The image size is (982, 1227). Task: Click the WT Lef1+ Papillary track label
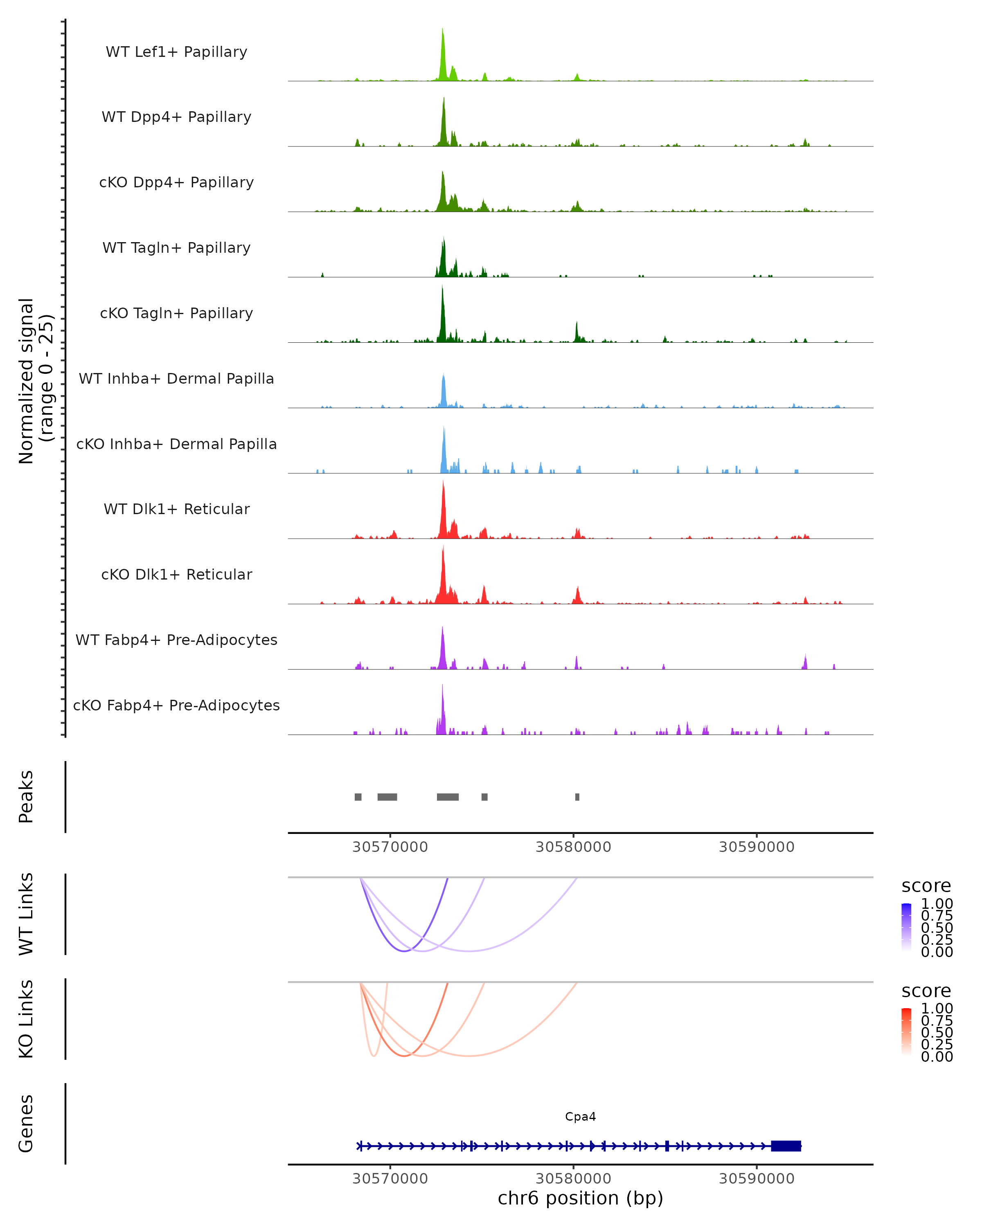[176, 52]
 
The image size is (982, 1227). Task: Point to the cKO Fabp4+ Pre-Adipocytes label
[176, 705]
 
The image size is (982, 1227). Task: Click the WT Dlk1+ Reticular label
[176, 509]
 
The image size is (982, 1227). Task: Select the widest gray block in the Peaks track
[448, 797]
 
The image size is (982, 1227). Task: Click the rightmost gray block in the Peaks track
[577, 797]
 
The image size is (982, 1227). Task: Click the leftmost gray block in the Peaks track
[358, 797]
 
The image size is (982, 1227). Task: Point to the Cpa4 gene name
[580, 1117]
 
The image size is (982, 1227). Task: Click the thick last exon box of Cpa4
[786, 1146]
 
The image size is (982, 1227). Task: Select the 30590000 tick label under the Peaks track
[757, 847]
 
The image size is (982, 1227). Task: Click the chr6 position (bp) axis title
[580, 1198]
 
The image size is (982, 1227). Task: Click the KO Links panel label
[26, 1019]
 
